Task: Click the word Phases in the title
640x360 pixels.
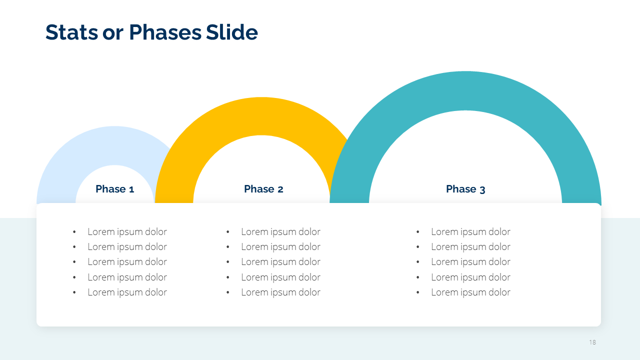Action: coord(165,32)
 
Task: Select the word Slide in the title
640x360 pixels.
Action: coord(231,32)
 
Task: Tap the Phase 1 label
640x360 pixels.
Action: coord(115,189)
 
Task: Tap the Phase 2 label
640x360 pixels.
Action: coord(263,189)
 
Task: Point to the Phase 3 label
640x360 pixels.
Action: coord(465,189)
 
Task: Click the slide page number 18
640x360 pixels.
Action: coord(592,342)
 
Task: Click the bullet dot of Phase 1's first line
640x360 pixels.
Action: coord(74,231)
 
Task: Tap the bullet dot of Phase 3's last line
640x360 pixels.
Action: coord(417,292)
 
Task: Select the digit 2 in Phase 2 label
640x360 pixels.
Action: coord(280,189)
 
